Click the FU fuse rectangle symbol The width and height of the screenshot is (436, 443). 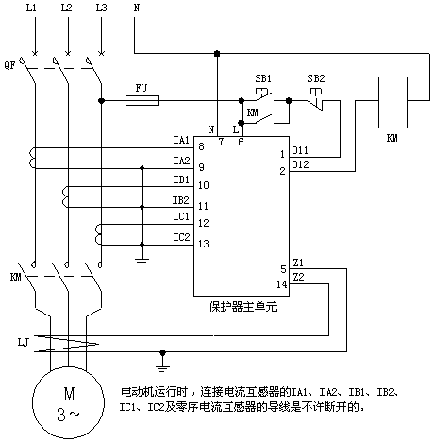[x=142, y=101]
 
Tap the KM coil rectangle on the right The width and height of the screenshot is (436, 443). [x=393, y=102]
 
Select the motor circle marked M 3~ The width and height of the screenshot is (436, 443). [x=68, y=402]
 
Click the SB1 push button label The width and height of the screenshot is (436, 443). [x=263, y=78]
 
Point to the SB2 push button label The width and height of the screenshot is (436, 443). [x=316, y=78]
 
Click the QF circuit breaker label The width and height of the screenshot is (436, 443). [x=9, y=65]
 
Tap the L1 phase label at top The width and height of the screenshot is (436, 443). [x=31, y=8]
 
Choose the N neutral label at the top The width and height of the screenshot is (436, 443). [x=137, y=8]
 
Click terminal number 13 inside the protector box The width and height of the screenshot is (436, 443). [x=204, y=244]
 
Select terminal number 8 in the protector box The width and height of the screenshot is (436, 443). [x=201, y=146]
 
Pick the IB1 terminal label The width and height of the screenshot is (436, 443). [x=181, y=179]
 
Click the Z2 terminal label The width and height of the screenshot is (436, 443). [x=298, y=277]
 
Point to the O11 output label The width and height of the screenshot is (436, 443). [x=300, y=150]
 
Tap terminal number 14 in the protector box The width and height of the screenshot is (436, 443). [x=282, y=284]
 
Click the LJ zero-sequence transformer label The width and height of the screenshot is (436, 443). [x=24, y=342]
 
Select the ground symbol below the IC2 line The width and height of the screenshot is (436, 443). [x=142, y=261]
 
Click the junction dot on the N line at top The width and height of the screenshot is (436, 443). [x=217, y=54]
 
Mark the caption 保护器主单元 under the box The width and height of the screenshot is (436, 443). [x=243, y=307]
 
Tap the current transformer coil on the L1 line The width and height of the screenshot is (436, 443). [x=32, y=159]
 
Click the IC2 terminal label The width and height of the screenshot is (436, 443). [x=181, y=237]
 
